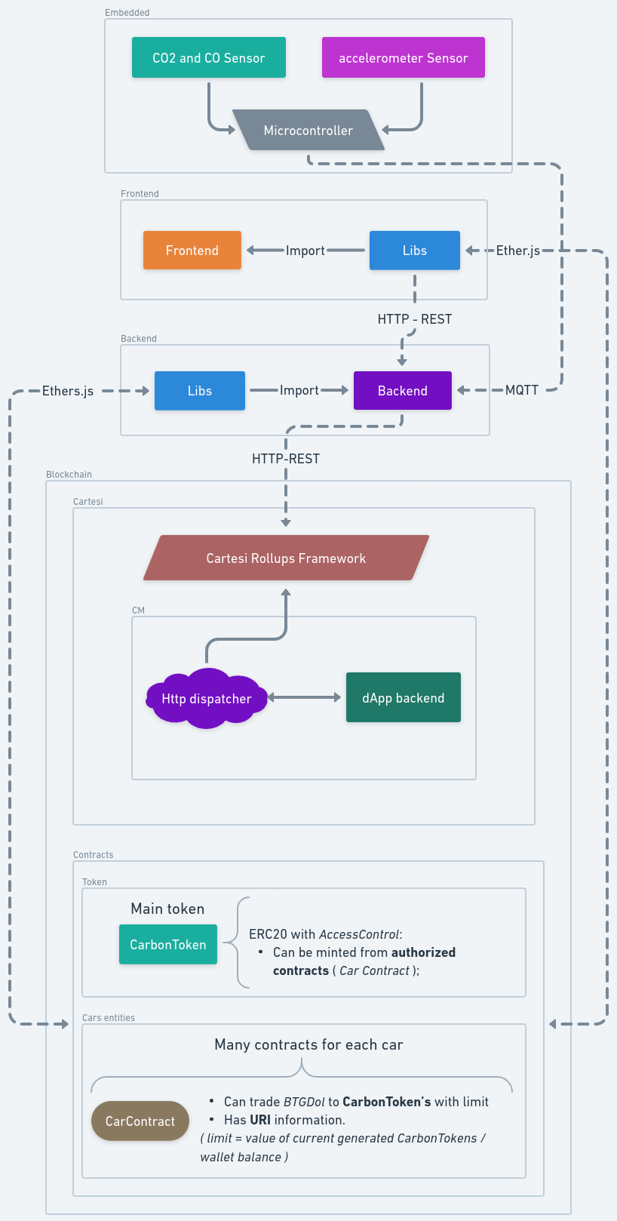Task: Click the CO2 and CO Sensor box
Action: tap(209, 57)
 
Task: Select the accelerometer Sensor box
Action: tap(403, 57)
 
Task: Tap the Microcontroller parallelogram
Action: tap(308, 130)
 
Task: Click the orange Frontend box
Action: tap(192, 250)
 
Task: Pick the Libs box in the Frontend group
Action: tap(414, 250)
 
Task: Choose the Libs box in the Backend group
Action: tap(200, 390)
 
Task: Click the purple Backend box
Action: tap(402, 390)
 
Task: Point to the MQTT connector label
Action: tap(521, 390)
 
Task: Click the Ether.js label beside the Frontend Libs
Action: tap(517, 251)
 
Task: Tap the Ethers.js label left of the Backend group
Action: tap(68, 391)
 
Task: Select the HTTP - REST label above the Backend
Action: tap(414, 319)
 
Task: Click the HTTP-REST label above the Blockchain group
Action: tap(286, 459)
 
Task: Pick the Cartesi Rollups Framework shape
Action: tap(286, 558)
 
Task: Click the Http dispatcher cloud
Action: tap(206, 698)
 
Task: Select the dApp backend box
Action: tap(403, 697)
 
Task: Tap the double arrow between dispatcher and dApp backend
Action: tap(305, 697)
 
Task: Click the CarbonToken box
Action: tap(167, 944)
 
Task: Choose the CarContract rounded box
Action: tap(140, 1121)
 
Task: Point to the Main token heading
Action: tap(167, 909)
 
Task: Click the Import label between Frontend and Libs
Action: tap(305, 251)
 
